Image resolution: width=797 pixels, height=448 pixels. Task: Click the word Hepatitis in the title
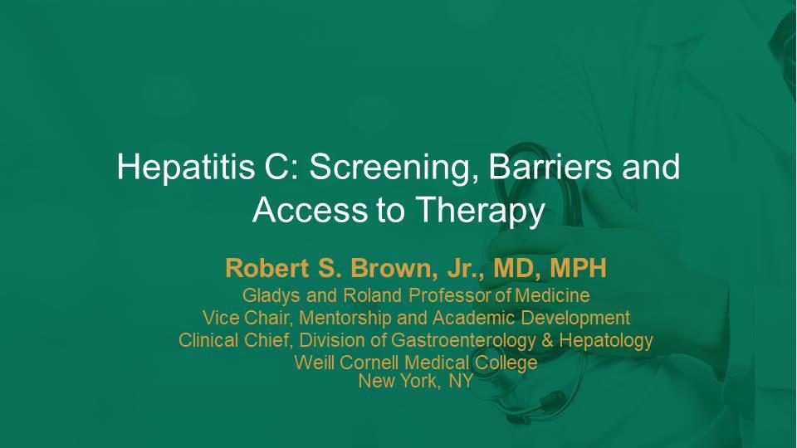pyautogui.click(x=186, y=167)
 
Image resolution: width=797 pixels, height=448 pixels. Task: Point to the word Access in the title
pyautogui.click(x=310, y=209)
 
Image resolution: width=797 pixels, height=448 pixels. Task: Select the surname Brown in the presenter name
pyautogui.click(x=394, y=268)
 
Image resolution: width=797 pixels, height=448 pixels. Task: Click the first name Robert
pyautogui.click(x=267, y=268)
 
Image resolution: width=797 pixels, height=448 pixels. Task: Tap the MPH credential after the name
pyautogui.click(x=579, y=268)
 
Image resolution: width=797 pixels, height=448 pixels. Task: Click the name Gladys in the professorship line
pyautogui.click(x=271, y=295)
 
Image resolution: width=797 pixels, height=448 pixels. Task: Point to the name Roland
pyautogui.click(x=373, y=295)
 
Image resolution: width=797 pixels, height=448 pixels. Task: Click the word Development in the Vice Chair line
pyautogui.click(x=576, y=319)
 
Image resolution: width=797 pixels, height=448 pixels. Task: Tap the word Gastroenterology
pyautogui.click(x=463, y=340)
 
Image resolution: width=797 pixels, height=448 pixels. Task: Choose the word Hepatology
pyautogui.click(x=606, y=340)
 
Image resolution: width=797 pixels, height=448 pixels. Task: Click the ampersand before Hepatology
pyautogui.click(x=547, y=340)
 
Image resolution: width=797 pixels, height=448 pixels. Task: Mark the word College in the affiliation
pyautogui.click(x=506, y=363)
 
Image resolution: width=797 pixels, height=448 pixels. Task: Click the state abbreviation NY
pyautogui.click(x=461, y=381)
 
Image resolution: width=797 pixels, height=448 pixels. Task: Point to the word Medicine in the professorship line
pyautogui.click(x=553, y=295)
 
